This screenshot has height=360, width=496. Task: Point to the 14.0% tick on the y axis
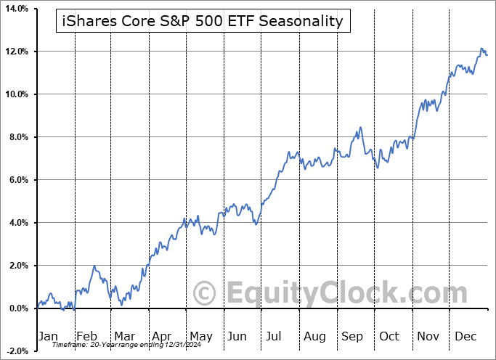coord(16,9)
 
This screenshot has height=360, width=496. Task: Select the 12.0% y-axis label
coord(16,52)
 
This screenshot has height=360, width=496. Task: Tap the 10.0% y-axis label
coord(16,94)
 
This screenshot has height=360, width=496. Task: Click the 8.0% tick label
coord(17,137)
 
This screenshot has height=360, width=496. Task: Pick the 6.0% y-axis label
coord(17,180)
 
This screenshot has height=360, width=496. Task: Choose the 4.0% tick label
coord(17,223)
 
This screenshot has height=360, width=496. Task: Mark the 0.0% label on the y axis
coord(17,308)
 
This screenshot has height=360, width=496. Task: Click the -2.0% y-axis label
coord(16,351)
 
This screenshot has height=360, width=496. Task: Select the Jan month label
coord(47,336)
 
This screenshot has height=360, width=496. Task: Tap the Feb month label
coord(87,336)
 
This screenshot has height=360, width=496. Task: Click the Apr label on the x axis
coord(161,336)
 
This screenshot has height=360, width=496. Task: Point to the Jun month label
coord(237,336)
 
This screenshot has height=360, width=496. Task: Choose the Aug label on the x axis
coord(314,336)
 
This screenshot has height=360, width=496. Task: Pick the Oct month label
coord(389,336)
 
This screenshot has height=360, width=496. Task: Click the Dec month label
coord(465,336)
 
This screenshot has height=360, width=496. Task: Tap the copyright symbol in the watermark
coord(206,294)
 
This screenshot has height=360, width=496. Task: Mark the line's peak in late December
coord(482,49)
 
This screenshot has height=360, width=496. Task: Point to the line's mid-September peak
coord(359,128)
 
